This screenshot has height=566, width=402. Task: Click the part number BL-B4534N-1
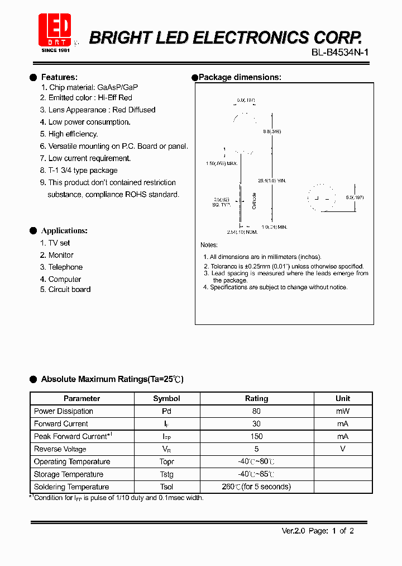click(340, 53)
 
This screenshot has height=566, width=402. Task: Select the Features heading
click(59, 77)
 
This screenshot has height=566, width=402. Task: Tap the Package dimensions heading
click(240, 77)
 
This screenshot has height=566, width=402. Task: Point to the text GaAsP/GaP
click(117, 87)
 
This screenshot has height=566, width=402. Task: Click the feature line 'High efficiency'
click(73, 134)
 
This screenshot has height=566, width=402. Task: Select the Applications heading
click(64, 230)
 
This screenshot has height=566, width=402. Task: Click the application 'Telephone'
click(65, 267)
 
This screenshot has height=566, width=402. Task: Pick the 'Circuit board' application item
click(69, 290)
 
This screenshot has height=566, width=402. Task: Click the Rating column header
click(256, 399)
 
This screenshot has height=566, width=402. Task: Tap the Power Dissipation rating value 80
click(256, 411)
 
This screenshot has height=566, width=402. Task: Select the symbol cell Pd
click(166, 411)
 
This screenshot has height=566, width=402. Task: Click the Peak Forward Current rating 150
click(256, 436)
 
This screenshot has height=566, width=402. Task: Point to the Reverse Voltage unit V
click(343, 449)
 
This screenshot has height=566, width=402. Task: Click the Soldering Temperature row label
click(71, 487)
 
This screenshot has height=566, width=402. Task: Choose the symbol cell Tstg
click(166, 474)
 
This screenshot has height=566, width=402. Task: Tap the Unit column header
click(343, 399)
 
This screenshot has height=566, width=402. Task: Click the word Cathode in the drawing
click(254, 201)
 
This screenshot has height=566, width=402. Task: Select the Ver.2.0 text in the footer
click(293, 531)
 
